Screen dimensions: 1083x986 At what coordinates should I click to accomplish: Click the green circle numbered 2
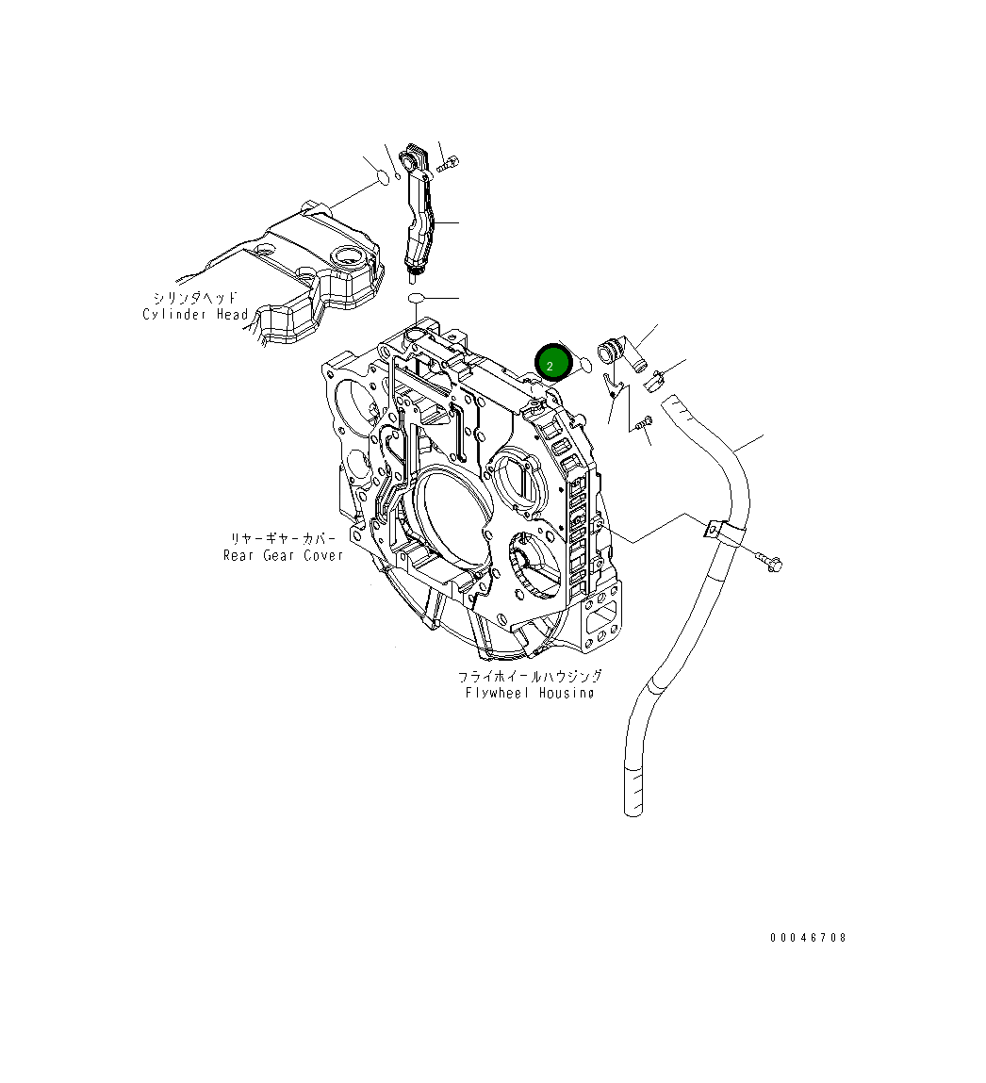553,364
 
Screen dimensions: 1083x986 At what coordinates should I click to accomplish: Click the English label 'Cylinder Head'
196,315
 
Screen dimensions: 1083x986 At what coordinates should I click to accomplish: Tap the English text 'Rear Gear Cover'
283,555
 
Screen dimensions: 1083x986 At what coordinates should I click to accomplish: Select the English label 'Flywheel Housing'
530,693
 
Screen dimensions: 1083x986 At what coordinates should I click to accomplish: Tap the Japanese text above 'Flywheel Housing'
530,676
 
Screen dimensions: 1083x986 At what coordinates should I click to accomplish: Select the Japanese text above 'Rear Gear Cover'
283,538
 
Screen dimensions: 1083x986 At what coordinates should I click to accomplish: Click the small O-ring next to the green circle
584,365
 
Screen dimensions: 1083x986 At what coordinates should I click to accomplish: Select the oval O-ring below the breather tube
417,299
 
